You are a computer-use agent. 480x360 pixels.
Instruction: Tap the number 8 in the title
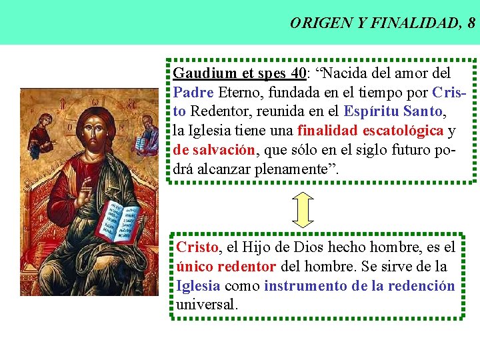pos(471,23)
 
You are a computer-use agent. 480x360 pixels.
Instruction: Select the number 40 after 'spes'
pos(298,73)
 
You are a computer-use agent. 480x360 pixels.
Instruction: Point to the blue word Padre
pos(193,92)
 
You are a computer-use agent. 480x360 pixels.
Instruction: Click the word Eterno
pos(239,92)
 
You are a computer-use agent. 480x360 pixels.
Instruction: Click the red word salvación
pos(226,150)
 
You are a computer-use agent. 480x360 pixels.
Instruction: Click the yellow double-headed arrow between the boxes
pos(303,209)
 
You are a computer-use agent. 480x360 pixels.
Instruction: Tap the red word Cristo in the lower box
pos(197,247)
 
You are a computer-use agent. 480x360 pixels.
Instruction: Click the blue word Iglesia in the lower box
pos(198,286)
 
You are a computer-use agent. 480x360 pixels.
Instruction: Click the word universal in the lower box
pos(207,305)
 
